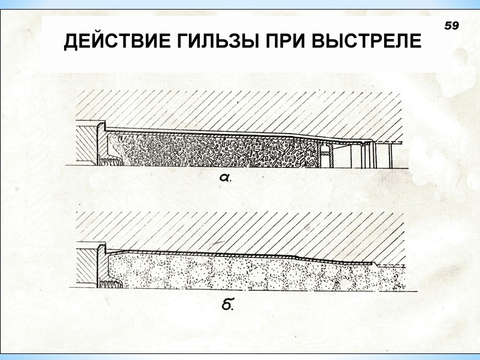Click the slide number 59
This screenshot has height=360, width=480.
click(451, 25)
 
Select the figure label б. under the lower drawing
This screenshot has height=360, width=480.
click(227, 305)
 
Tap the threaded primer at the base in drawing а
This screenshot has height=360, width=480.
click(112, 160)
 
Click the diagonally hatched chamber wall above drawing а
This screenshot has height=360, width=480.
click(240, 108)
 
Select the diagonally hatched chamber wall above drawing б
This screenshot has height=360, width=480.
click(240, 231)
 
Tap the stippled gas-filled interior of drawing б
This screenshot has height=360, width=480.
click(240, 273)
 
